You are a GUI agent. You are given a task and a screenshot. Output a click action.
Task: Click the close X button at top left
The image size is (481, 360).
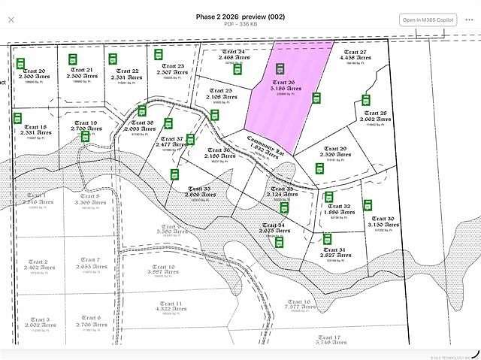[x=11, y=20]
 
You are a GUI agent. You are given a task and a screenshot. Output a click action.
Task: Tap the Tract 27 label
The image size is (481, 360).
[x=355, y=53]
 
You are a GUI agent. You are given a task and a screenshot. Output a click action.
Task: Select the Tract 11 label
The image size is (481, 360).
[x=168, y=304]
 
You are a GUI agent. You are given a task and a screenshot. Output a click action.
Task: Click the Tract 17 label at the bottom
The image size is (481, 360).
[x=329, y=338]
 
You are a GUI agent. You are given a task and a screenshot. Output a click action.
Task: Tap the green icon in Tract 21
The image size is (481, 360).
[x=74, y=58]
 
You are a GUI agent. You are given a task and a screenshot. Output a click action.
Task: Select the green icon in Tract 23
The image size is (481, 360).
[x=159, y=54]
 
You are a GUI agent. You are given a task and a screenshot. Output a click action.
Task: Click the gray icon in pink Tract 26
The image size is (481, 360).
[x=280, y=68]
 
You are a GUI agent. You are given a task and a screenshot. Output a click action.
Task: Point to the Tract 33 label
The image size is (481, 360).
[x=199, y=189]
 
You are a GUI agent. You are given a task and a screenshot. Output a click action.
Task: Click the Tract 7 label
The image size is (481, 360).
[x=87, y=260]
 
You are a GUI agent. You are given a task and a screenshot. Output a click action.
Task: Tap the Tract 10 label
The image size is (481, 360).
[x=163, y=267]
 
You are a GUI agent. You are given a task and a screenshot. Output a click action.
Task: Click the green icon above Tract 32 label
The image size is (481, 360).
[x=328, y=196]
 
